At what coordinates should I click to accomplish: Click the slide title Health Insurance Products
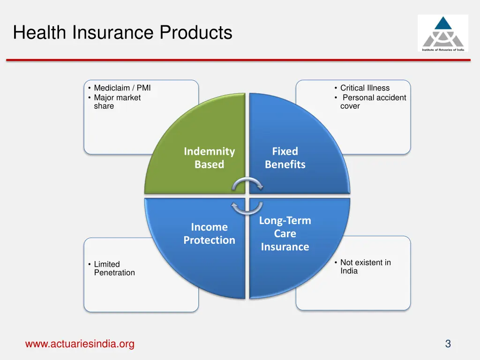[123, 33]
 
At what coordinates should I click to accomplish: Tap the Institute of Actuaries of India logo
[442, 33]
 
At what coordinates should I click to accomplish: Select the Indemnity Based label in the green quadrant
[209, 158]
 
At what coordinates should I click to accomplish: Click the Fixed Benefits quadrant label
[285, 158]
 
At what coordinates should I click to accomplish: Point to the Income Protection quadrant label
[209, 233]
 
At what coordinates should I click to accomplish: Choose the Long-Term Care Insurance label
[285, 233]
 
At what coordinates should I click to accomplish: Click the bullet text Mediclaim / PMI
[122, 88]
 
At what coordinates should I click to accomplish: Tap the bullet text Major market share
[117, 102]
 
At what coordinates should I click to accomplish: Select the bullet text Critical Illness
[365, 88]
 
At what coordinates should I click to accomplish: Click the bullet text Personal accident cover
[373, 102]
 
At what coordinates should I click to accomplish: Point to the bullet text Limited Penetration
[114, 269]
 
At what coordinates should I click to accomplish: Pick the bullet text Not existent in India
[365, 267]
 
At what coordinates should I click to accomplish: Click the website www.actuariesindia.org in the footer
[80, 344]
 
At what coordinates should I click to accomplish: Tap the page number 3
[448, 344]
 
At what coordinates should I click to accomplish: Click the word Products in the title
[196, 33]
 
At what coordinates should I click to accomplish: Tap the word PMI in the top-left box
[143, 88]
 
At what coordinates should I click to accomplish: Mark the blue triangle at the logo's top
[442, 23]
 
